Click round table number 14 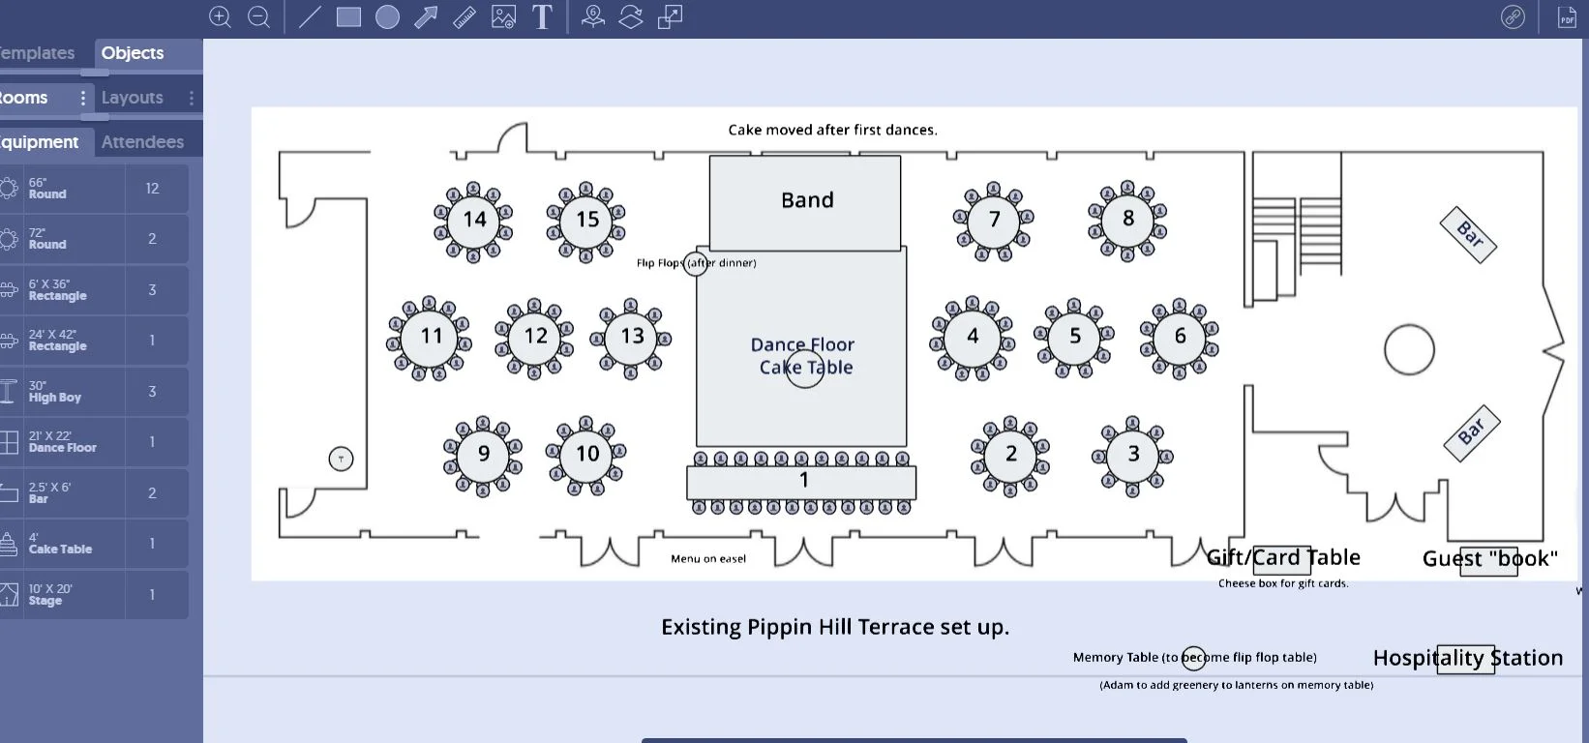473,221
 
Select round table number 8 1127,220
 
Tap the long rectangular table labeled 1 801,481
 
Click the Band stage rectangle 805,201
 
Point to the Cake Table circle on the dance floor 805,369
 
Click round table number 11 431,337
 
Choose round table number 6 1180,337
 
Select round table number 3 1132,455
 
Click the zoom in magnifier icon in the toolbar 220,17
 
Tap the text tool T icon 542,17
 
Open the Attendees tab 142,142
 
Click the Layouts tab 133,98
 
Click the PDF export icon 1567,17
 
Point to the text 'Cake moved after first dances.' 832,130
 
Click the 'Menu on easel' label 708,559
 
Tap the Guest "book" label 1489,559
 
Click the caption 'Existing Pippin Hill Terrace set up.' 834,627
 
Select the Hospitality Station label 1467,658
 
